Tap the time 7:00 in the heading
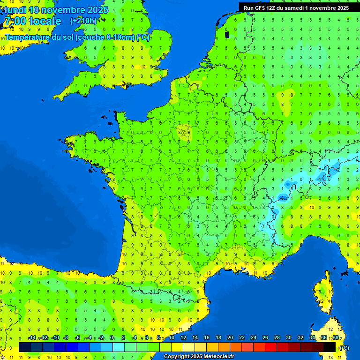tap(15, 21)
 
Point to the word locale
tap(45, 21)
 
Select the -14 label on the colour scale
tap(32, 338)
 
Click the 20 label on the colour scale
tap(230, 338)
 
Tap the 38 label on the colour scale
tap(336, 338)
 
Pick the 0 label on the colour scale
tap(112, 338)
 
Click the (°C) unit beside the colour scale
tap(344, 348)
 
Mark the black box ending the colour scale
tap(330, 347)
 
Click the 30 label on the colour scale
tap(289, 338)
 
